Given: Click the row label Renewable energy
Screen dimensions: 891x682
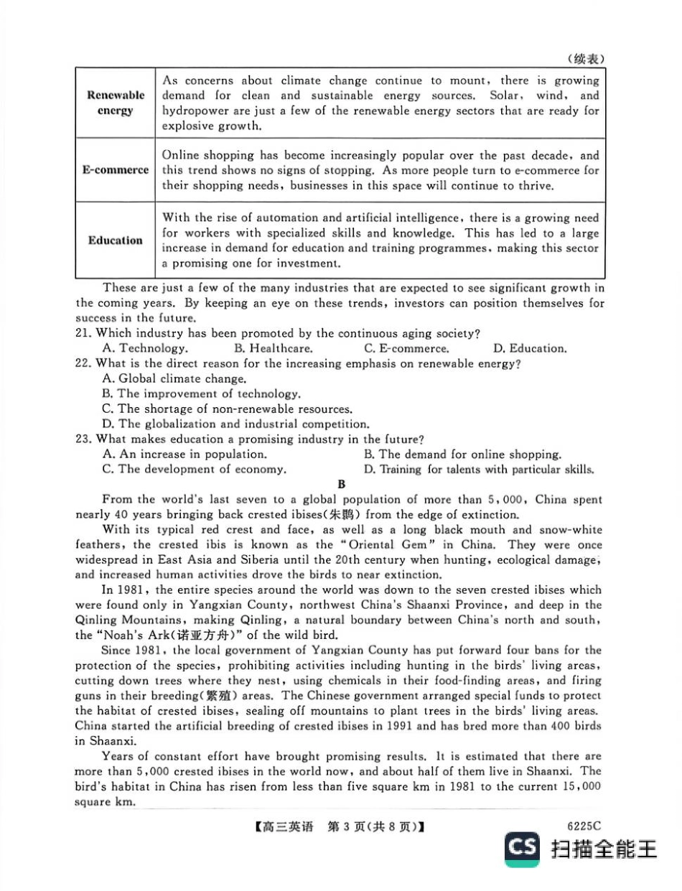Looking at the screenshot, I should tap(115, 103).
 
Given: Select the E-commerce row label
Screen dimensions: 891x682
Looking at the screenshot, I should tap(115, 170).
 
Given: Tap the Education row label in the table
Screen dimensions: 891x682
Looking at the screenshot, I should tap(115, 241).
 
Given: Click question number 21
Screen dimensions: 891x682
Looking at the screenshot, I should tap(84, 333).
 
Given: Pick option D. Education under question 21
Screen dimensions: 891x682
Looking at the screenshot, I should tap(530, 348).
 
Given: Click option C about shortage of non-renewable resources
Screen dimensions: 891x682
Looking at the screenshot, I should tap(228, 409).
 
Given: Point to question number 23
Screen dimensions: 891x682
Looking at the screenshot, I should tap(84, 439).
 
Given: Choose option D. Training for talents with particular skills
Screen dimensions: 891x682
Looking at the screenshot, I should tap(479, 470).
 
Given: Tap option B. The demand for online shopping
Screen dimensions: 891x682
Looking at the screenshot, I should tap(462, 454).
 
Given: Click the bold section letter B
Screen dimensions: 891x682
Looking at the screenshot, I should tap(342, 485).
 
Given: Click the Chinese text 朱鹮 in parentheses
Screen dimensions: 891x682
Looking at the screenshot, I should tap(354, 515).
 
